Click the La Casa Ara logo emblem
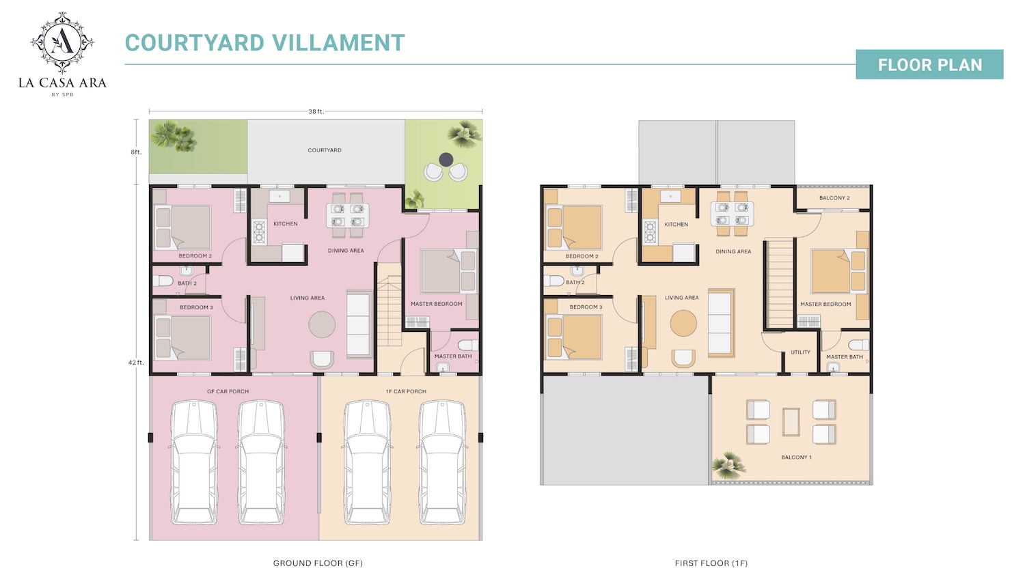[62, 42]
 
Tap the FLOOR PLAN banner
[929, 65]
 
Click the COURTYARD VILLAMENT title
[264, 43]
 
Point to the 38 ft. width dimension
[316, 111]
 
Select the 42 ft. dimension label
[136, 363]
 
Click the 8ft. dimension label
[136, 152]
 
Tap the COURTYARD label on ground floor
[325, 150]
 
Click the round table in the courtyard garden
[446, 160]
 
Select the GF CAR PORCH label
[228, 392]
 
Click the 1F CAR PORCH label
[406, 392]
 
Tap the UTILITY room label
[800, 352]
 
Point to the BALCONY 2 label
[834, 198]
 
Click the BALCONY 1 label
[796, 458]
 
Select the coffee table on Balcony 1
[791, 421]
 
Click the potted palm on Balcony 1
[728, 465]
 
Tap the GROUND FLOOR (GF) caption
[318, 563]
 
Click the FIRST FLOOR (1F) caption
[711, 563]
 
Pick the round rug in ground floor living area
[322, 325]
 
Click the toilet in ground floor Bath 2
[163, 281]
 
